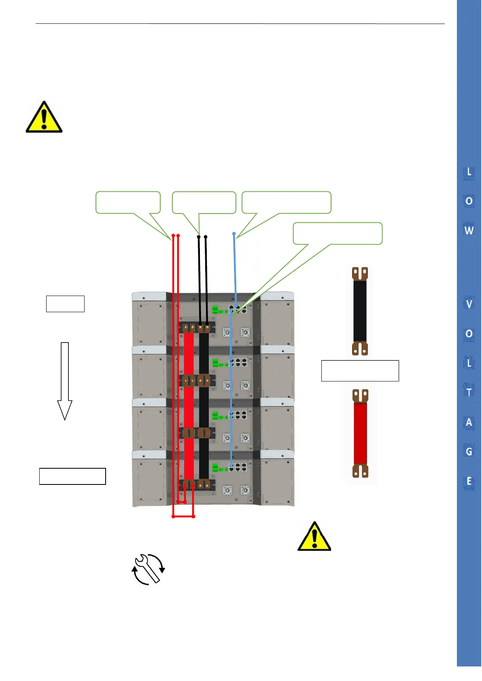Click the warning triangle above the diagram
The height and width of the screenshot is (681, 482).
click(x=44, y=118)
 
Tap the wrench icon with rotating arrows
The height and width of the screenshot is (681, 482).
click(x=148, y=569)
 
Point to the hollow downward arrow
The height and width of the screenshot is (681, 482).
click(x=65, y=381)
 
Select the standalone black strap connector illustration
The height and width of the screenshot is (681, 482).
click(x=360, y=311)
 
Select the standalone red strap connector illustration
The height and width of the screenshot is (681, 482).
click(x=360, y=433)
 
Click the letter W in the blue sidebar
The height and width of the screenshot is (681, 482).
click(x=469, y=231)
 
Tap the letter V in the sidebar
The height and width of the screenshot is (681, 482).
click(x=469, y=304)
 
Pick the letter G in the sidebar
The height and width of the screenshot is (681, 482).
click(x=469, y=451)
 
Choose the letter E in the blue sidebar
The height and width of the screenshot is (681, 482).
click(x=469, y=481)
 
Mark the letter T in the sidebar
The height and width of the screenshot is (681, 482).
click(x=469, y=392)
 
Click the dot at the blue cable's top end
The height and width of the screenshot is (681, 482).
click(x=234, y=234)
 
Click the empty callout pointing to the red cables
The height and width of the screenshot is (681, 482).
click(x=128, y=202)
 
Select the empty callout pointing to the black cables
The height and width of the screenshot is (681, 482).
click(x=204, y=202)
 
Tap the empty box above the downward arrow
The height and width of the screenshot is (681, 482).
click(x=65, y=304)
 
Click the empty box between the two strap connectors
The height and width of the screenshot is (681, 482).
click(x=360, y=370)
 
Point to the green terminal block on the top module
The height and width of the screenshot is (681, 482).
click(x=215, y=310)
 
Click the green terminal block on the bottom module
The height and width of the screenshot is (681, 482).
click(x=215, y=468)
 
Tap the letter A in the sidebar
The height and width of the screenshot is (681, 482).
click(x=469, y=422)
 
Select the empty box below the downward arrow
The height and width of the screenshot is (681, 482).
click(x=72, y=476)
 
